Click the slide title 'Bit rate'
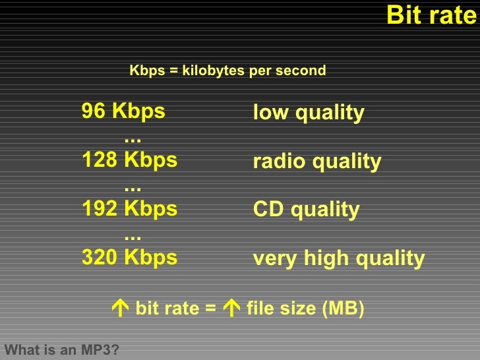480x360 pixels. pyautogui.click(x=431, y=15)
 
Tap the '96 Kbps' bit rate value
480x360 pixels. pyautogui.click(x=123, y=111)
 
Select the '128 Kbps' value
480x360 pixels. pyautogui.click(x=129, y=160)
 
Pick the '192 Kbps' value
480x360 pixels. pyautogui.click(x=129, y=209)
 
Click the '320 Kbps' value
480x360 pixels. pyautogui.click(x=129, y=257)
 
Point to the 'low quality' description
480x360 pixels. pyautogui.click(x=308, y=113)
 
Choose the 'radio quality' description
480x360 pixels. pyautogui.click(x=316, y=162)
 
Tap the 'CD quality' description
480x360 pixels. pyautogui.click(x=306, y=210)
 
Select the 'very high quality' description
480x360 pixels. pyautogui.click(x=338, y=258)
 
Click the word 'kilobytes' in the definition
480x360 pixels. pyautogui.click(x=214, y=71)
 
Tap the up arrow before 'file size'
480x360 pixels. pyautogui.click(x=231, y=309)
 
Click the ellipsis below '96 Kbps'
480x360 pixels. pyautogui.click(x=133, y=139)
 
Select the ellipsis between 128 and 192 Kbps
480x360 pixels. pyautogui.click(x=133, y=188)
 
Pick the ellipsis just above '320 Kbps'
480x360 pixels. pyautogui.click(x=133, y=236)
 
